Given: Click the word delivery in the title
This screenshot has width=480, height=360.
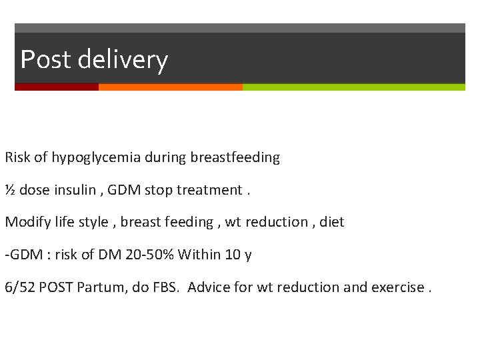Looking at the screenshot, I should pos(122,60).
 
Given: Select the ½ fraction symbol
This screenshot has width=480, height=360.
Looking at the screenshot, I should pos(10,190).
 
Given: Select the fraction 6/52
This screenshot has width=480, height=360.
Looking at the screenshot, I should pos(19,287).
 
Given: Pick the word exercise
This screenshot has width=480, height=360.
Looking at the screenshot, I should pos(399,287).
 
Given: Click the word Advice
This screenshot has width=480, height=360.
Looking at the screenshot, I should pos(210,287).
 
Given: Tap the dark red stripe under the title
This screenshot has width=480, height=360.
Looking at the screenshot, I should pos(57,87).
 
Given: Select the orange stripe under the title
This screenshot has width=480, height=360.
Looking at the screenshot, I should pos(170,87).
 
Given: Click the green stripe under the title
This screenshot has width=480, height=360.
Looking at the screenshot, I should pos(353,87).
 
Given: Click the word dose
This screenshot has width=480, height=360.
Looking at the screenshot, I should pos(35,190).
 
